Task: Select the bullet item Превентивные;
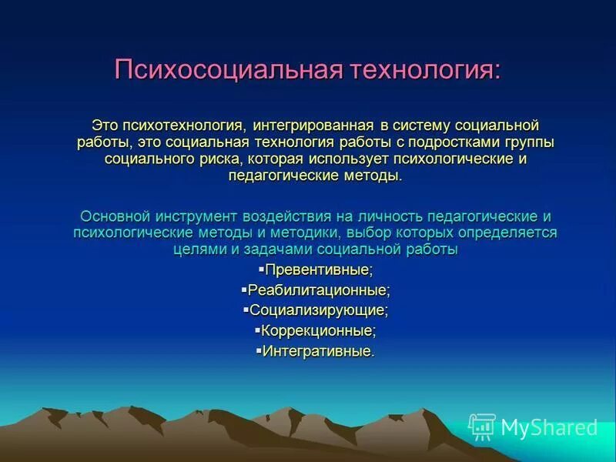pos(318,270)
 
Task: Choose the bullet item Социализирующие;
pos(318,311)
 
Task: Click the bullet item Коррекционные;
pos(318,331)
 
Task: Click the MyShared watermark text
pos(549,427)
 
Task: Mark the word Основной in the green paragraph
pos(114,216)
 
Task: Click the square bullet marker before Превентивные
pos(261,269)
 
